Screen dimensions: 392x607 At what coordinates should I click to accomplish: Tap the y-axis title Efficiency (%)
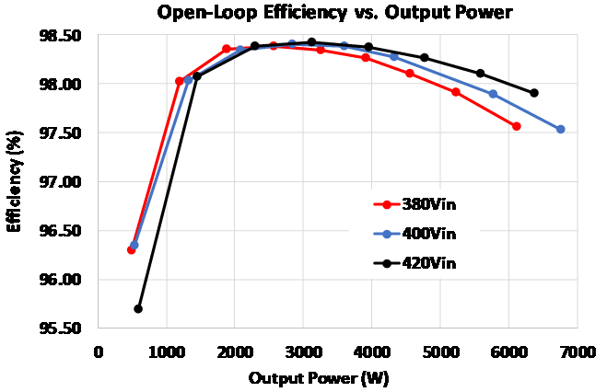(15, 182)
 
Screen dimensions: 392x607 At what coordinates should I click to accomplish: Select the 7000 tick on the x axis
(578, 351)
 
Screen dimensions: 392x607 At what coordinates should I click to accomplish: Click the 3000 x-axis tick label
(304, 351)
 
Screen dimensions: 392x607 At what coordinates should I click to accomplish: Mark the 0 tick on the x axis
(99, 351)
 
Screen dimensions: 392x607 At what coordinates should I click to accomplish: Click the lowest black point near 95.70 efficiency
(138, 308)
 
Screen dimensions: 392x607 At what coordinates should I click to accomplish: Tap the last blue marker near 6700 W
(560, 130)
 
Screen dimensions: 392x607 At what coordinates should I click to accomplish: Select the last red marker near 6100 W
(517, 126)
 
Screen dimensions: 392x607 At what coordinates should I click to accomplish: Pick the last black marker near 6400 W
(534, 93)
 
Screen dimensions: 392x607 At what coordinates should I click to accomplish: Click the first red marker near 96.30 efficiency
(131, 249)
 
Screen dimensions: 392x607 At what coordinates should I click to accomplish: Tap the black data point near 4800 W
(425, 58)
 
